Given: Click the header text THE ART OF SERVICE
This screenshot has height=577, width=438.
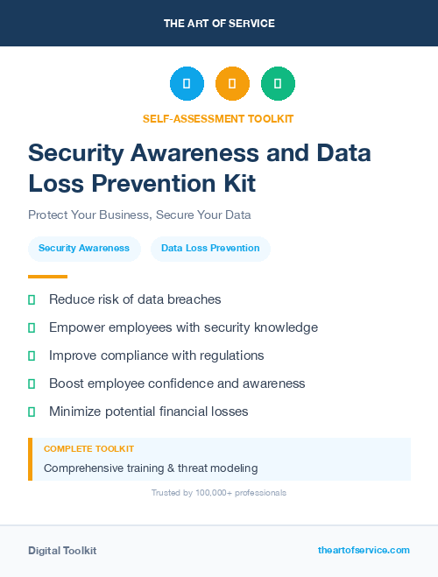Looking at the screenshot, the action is (x=219, y=24).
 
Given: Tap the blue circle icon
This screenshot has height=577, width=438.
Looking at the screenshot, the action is (x=187, y=84).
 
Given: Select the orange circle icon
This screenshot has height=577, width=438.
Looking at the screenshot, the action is (x=232, y=84).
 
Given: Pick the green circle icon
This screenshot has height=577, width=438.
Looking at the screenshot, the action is (x=278, y=84).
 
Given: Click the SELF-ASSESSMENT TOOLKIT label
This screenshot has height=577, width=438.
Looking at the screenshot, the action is (x=218, y=118).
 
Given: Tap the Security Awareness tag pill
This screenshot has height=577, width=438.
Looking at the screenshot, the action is (x=84, y=249).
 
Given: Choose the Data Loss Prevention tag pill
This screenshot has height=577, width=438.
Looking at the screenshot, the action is (x=210, y=249).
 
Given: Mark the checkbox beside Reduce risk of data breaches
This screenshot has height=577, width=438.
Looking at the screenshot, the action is (x=32, y=299).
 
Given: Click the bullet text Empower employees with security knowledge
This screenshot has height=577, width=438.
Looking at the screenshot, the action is (x=183, y=327).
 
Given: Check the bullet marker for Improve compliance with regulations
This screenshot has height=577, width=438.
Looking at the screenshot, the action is (x=32, y=355).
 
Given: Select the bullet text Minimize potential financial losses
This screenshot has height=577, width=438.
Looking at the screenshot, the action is (x=149, y=412).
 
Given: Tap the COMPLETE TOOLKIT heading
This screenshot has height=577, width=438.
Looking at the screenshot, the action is (x=88, y=449).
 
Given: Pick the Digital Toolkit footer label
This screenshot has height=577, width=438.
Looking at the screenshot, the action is (x=62, y=551).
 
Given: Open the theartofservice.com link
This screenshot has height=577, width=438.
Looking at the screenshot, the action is (x=364, y=550).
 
